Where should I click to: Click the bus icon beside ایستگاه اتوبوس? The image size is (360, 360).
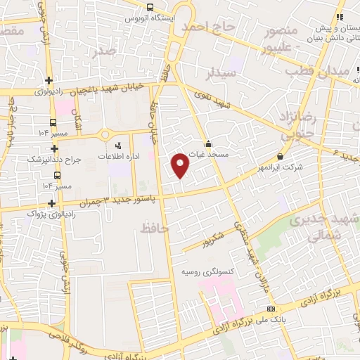150,8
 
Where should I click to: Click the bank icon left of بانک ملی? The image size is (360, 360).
271,309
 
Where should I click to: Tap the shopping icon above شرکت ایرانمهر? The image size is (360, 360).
281,156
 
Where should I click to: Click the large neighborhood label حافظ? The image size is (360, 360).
155,227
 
